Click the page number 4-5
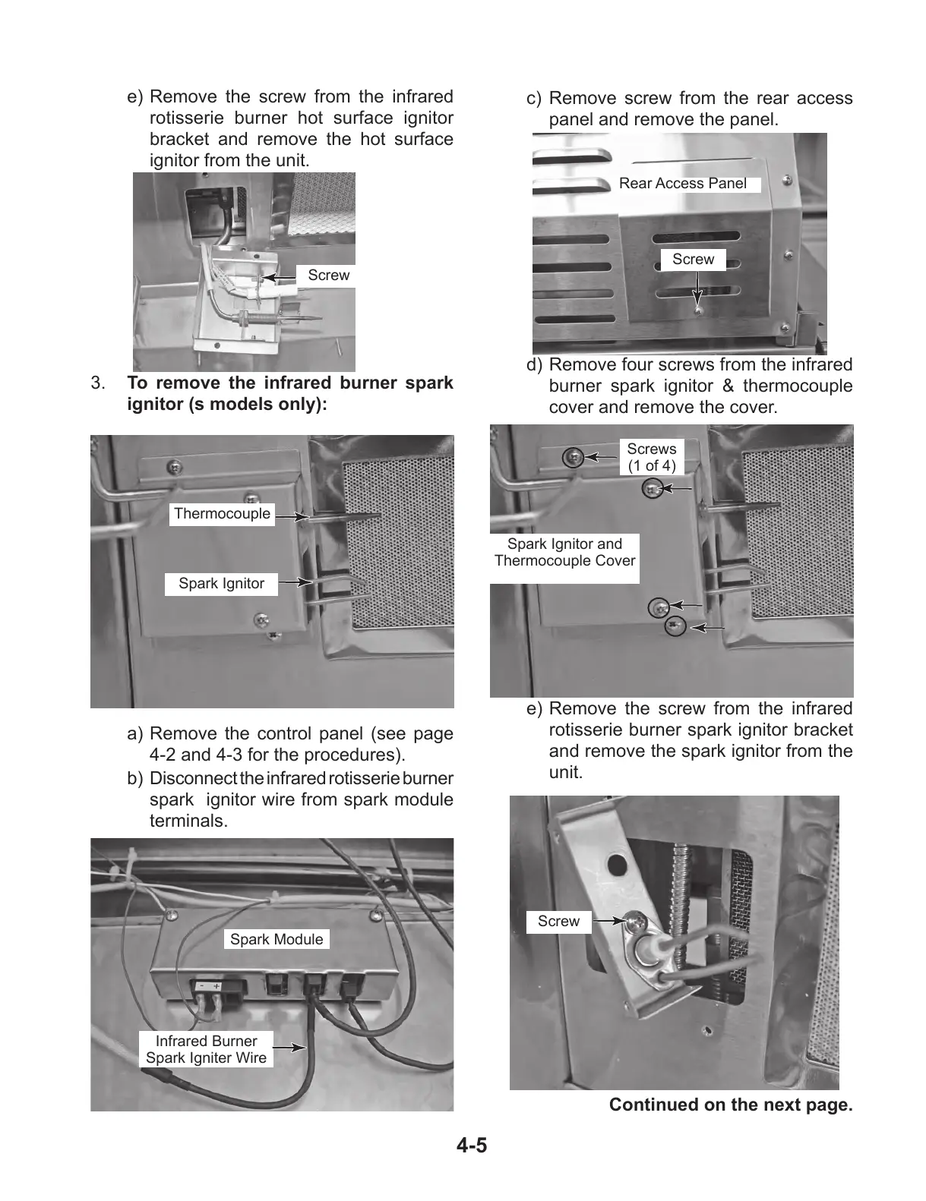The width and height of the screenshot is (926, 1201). (x=472, y=1145)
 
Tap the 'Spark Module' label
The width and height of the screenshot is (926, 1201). (x=277, y=939)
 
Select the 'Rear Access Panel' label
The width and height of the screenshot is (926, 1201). (x=683, y=183)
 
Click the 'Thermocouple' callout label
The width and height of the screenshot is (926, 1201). (x=222, y=514)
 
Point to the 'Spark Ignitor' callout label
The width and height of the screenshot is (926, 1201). (x=221, y=584)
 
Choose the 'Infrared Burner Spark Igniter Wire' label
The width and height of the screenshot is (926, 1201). (x=206, y=1049)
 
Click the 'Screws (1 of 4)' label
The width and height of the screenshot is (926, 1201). (x=651, y=457)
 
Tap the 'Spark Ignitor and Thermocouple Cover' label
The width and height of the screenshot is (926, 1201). (x=564, y=552)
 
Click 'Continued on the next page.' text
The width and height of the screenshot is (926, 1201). (x=731, y=1105)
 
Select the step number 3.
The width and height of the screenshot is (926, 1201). (x=98, y=383)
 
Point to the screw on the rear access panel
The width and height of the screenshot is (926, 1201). (x=698, y=309)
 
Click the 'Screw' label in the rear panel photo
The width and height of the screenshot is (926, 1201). (x=693, y=260)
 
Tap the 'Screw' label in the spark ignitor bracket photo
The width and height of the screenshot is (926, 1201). (x=558, y=922)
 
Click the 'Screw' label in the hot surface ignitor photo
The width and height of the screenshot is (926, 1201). (x=328, y=276)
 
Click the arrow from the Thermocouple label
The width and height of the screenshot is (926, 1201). (x=292, y=515)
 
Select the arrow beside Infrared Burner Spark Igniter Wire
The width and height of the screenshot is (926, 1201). (x=289, y=1048)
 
